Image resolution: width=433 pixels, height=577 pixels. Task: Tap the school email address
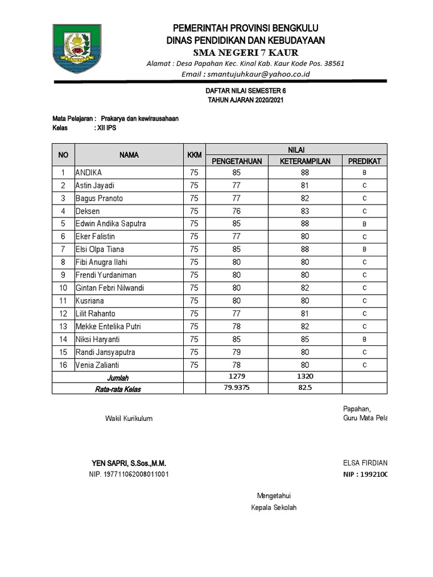245,74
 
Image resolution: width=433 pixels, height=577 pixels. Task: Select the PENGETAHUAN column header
237,161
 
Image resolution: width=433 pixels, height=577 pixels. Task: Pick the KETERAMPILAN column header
306,161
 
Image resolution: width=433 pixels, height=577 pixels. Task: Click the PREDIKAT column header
364,161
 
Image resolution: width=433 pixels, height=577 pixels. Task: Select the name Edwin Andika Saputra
111,224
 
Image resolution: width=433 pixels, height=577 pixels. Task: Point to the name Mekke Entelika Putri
108,327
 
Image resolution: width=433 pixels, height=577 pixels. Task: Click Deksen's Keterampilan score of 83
306,211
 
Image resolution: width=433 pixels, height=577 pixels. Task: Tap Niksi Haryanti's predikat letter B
364,340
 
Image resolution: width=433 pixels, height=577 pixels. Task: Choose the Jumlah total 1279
237,376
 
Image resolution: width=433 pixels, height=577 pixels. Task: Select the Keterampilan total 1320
306,376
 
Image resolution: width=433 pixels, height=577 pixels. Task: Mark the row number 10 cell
64,288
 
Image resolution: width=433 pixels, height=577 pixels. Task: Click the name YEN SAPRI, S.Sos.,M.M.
129,463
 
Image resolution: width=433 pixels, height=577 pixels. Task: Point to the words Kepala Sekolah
273,508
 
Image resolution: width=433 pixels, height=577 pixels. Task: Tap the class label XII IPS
107,128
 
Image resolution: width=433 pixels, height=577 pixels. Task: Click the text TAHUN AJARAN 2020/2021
245,100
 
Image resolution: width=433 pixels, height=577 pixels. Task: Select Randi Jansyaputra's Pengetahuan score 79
237,353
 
